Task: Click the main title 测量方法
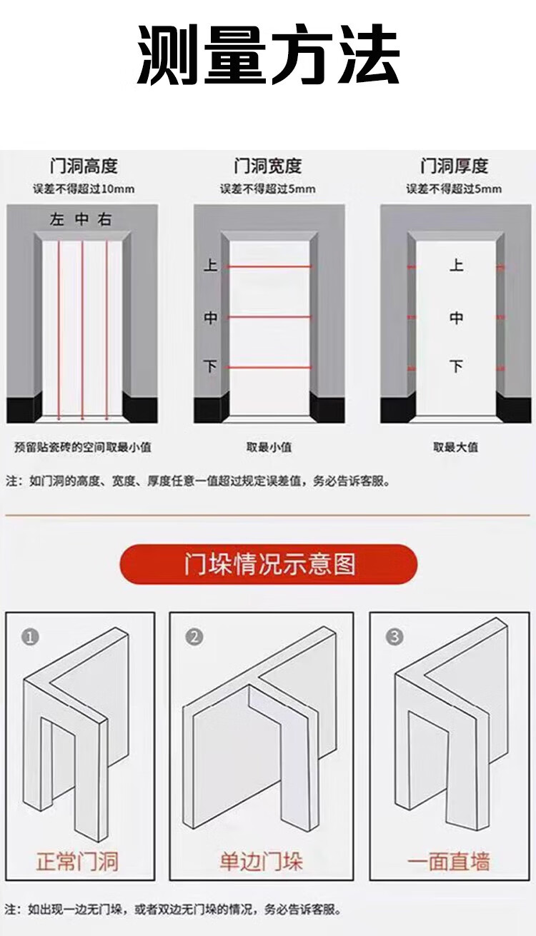(x=268, y=55)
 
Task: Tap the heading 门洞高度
(x=84, y=166)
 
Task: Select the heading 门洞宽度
(x=268, y=166)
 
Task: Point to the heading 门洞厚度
(x=455, y=166)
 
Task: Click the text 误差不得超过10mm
(x=84, y=189)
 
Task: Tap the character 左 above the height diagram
(x=57, y=219)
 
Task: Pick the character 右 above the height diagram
(x=104, y=219)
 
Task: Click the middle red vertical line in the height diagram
(x=82, y=330)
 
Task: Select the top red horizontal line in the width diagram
(x=269, y=266)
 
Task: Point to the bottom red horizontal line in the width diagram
(x=269, y=367)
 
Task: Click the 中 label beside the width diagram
(x=210, y=318)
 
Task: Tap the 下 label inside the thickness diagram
(x=456, y=366)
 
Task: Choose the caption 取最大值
(x=455, y=448)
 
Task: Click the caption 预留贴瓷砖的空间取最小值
(x=83, y=448)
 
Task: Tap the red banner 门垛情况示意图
(x=269, y=564)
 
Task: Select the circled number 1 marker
(x=30, y=638)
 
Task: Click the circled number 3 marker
(x=394, y=637)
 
